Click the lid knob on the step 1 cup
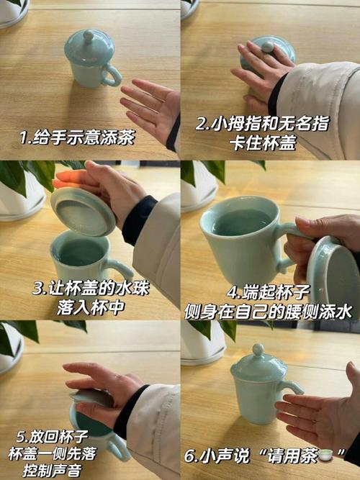88,34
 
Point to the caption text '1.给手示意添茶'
76,137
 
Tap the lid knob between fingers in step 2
268,47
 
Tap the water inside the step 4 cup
242,222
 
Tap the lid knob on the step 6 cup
258,350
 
